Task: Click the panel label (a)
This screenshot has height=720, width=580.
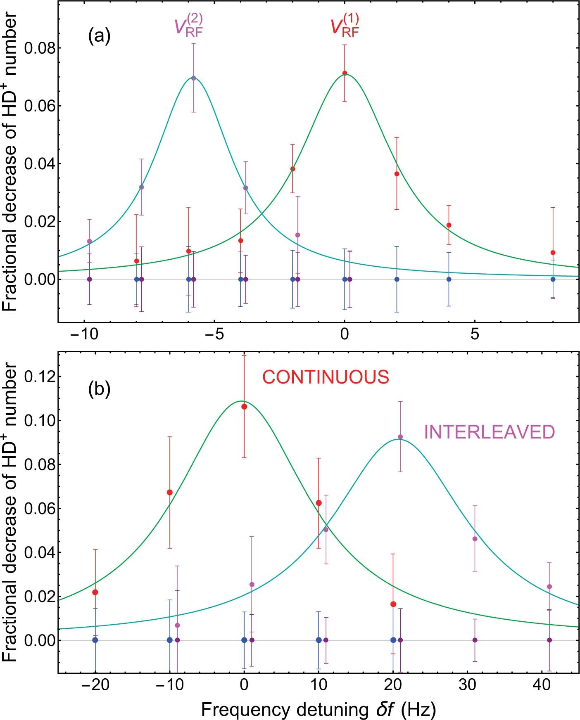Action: click(99, 37)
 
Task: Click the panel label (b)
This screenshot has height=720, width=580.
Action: click(99, 389)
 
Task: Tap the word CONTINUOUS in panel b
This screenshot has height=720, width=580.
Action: click(326, 377)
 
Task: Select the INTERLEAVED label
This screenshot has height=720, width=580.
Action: click(490, 432)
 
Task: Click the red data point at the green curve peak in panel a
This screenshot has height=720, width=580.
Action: click(345, 73)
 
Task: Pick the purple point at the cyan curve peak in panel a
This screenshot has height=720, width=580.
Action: click(193, 78)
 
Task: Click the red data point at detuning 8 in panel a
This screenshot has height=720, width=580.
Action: click(553, 253)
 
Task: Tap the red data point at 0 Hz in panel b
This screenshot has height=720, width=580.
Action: click(244, 407)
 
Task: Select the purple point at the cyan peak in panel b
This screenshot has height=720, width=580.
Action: click(400, 437)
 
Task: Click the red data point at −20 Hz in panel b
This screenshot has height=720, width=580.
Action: click(95, 592)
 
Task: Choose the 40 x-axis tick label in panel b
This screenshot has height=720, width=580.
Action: click(542, 685)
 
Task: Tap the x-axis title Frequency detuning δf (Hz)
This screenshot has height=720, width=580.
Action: click(318, 709)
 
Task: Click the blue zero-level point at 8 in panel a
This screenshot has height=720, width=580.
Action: click(553, 279)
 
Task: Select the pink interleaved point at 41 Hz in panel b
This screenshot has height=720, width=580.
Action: click(549, 587)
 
